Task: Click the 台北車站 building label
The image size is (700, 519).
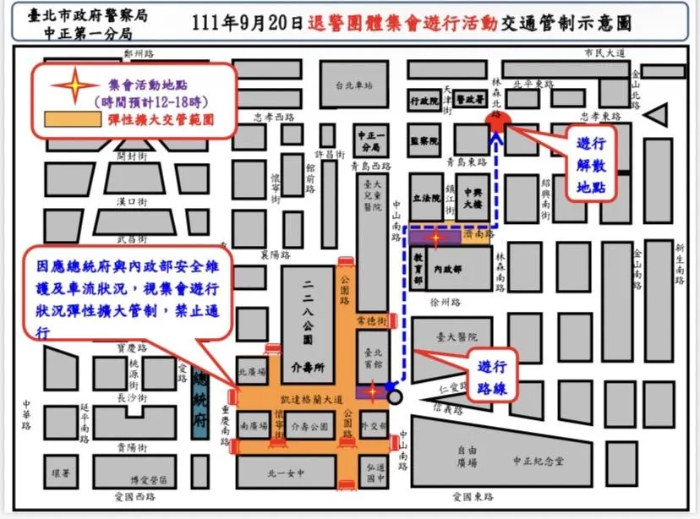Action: point(353,86)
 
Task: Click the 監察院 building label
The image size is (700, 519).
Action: point(424,140)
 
